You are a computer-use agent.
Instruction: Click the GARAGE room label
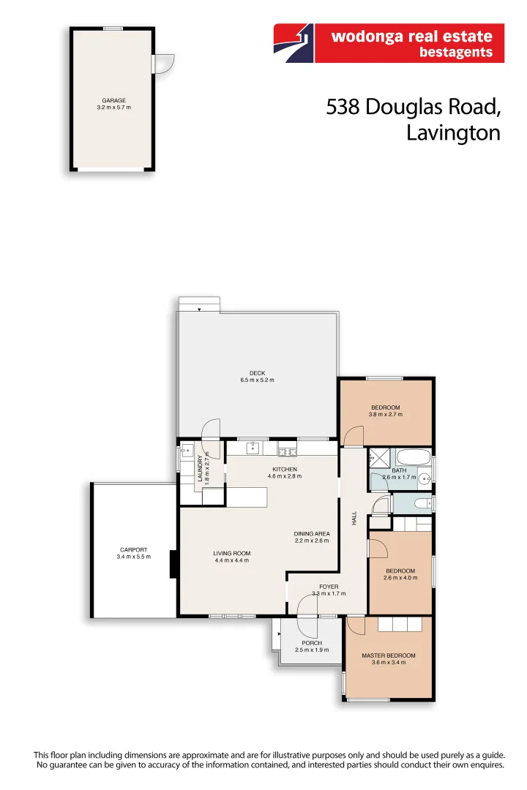(x=113, y=100)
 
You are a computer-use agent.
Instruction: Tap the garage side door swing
(x=164, y=64)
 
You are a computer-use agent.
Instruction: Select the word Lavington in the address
(x=453, y=132)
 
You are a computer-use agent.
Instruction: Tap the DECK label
(x=257, y=373)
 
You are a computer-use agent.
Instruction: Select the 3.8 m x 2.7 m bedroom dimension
(x=385, y=415)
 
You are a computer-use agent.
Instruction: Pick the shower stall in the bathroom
(x=378, y=457)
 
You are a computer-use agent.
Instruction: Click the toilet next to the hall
(x=421, y=503)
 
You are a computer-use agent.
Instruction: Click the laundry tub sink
(x=187, y=451)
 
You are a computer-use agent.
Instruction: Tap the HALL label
(x=354, y=518)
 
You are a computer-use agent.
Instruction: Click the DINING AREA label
(x=311, y=533)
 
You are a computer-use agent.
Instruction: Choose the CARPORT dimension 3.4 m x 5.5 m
(x=133, y=557)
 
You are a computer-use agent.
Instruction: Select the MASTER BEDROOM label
(x=389, y=655)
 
